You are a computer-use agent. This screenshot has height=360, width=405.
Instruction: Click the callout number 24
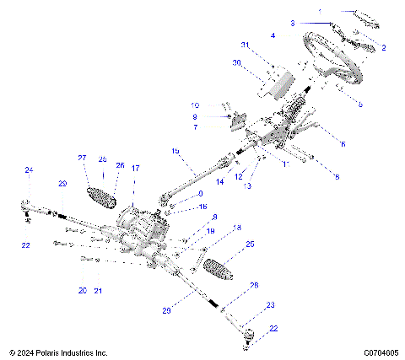click(x=28, y=170)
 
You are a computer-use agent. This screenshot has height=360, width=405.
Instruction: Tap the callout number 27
click(x=83, y=158)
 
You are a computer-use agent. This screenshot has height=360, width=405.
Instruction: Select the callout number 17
click(x=135, y=168)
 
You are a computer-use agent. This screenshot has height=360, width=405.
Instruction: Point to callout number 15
click(x=175, y=151)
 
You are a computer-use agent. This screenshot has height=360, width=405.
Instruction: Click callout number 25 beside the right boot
click(x=249, y=244)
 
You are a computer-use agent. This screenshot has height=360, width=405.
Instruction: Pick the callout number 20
click(x=82, y=290)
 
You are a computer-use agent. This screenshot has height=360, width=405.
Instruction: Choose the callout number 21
click(x=99, y=291)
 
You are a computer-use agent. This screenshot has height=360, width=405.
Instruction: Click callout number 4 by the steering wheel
click(x=273, y=35)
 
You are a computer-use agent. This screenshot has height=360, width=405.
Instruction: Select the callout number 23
click(x=270, y=304)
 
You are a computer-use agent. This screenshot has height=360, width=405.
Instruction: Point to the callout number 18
click(x=237, y=228)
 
